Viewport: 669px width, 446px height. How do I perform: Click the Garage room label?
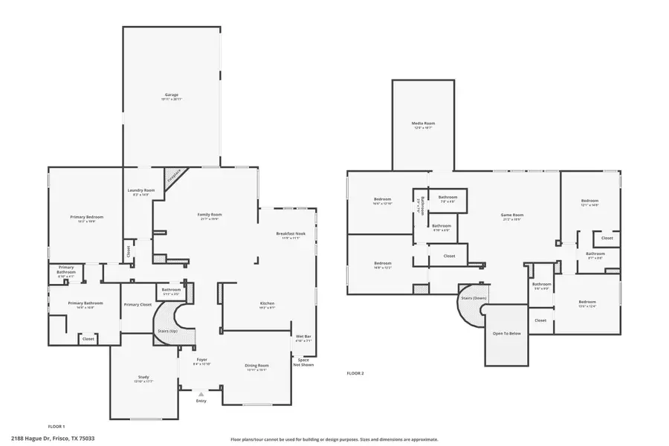(x=171, y=95)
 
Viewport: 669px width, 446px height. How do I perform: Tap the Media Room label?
(x=423, y=123)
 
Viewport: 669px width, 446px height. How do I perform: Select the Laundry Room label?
(x=139, y=191)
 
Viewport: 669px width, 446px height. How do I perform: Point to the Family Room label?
(x=210, y=215)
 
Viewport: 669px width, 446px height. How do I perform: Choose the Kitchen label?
(x=268, y=303)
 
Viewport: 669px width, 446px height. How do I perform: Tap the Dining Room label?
(x=256, y=365)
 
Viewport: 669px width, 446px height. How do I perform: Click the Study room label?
(x=143, y=378)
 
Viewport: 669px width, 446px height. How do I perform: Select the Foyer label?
(x=201, y=362)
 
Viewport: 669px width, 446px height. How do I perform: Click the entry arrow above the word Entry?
(x=201, y=394)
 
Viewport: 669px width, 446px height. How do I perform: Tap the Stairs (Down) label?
(x=474, y=297)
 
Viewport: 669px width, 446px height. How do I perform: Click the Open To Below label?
(x=507, y=333)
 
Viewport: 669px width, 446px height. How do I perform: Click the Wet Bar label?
(x=303, y=337)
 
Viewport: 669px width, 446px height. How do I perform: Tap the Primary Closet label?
(x=137, y=304)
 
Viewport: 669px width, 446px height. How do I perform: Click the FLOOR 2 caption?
(x=355, y=373)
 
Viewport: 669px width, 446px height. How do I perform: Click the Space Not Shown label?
(x=303, y=362)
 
